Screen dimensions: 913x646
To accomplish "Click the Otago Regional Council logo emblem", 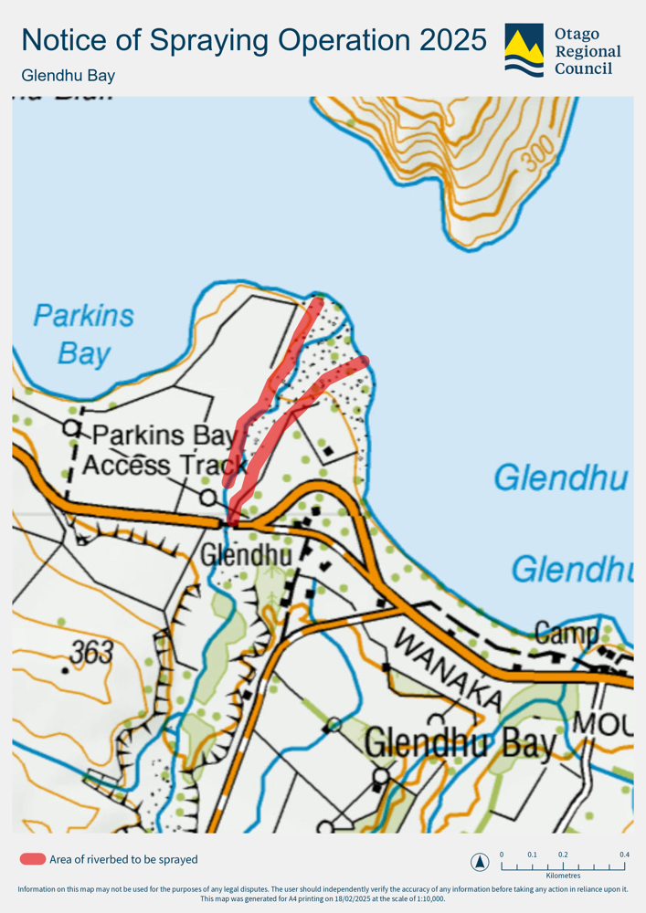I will [524, 50].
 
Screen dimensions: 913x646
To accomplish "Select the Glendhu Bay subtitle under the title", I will [68, 76].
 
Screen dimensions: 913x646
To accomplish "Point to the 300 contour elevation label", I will [539, 158].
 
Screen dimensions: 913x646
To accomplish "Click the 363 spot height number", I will [92, 652].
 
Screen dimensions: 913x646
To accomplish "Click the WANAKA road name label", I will [447, 671].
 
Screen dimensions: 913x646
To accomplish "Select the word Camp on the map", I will [566, 632].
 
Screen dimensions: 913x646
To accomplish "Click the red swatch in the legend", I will [32, 859].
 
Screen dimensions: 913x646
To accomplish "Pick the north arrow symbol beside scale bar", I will [479, 862].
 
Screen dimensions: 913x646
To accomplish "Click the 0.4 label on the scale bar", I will [623, 855].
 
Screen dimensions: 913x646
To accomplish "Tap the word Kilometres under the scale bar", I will [563, 876].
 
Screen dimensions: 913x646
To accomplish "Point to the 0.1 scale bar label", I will [532, 855].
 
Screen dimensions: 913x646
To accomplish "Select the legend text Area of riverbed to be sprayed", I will [123, 859].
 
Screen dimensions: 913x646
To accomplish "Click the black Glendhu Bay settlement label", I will [460, 744].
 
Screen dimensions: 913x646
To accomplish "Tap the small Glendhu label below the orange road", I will [245, 554].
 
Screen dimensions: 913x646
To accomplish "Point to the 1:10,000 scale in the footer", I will [426, 898].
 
